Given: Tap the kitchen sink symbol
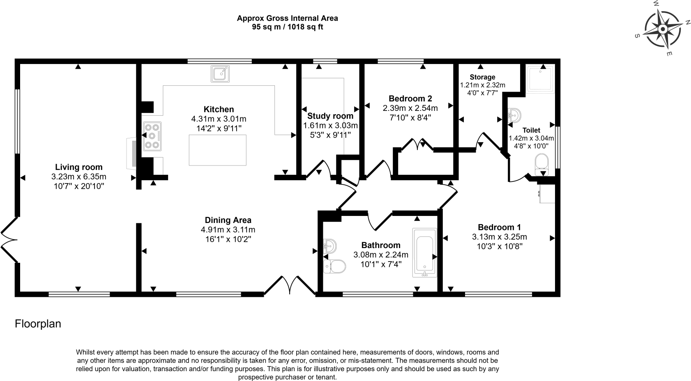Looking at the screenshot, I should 221,74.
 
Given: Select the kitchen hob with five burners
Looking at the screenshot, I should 152,136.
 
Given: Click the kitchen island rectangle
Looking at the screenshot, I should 217,150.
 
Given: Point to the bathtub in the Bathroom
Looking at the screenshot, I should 425,252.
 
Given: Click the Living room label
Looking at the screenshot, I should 79,167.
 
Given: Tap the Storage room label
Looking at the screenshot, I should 482,77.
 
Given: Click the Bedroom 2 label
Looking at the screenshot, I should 410,99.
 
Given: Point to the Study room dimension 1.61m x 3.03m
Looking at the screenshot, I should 330,125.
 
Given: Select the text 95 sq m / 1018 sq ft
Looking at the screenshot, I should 287,27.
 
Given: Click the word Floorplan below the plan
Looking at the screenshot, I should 38,324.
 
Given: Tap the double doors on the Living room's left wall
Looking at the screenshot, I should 9,240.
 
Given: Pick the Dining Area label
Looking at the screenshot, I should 228,220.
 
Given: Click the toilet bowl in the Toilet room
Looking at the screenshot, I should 542,163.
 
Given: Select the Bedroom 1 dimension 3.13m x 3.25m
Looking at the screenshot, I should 499,237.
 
